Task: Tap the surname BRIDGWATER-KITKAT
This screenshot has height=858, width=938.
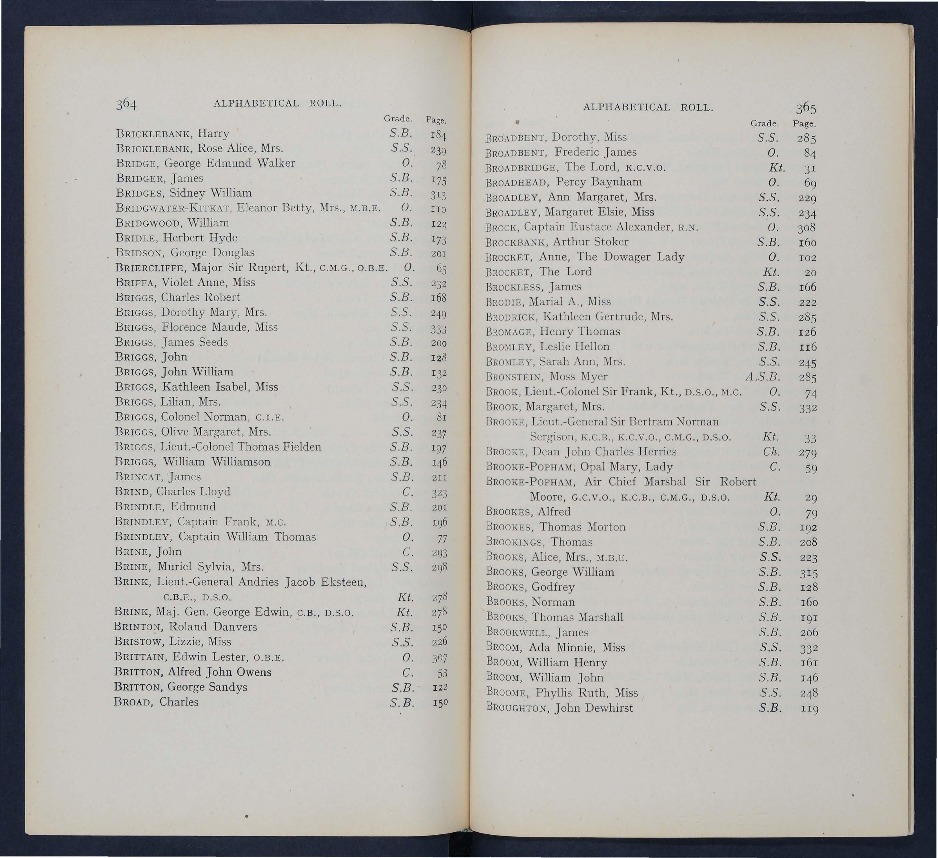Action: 173,208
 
